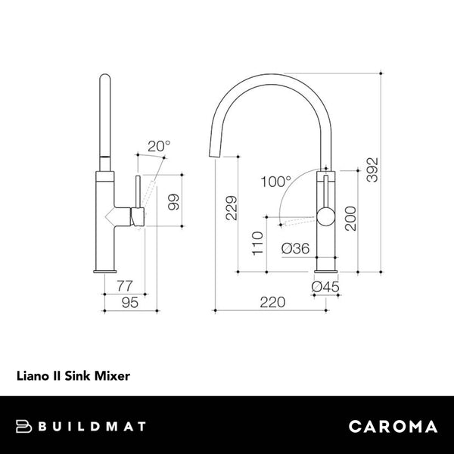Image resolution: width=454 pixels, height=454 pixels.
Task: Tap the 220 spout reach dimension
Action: (272, 302)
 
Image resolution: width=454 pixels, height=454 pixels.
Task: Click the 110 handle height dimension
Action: (258, 244)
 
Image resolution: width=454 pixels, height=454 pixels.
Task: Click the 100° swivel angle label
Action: (275, 182)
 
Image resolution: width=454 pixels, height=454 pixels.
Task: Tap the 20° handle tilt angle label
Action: (159, 145)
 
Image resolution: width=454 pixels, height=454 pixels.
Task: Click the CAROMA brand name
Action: (393, 426)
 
